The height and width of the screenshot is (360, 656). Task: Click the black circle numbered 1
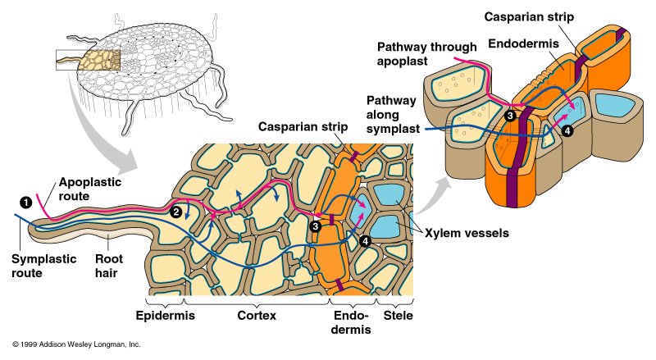coord(25,201)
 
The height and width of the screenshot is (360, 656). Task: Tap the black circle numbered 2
coord(175,211)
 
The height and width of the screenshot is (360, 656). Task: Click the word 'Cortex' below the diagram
coord(258,315)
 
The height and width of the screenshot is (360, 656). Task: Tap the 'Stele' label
coord(398,315)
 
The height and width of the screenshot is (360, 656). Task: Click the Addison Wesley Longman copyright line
coord(76,344)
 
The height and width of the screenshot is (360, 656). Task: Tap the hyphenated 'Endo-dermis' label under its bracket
coord(348,322)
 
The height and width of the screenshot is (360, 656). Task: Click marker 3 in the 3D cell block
coord(510,116)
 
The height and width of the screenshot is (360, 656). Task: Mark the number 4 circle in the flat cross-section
coord(364,241)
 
